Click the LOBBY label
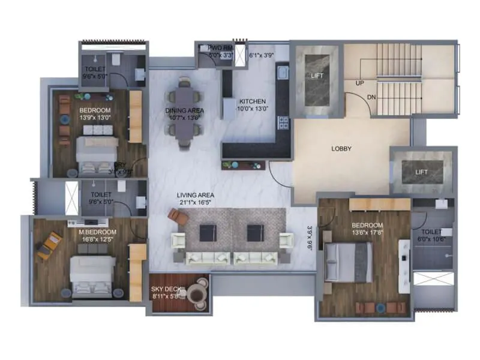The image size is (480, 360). tap(341, 149)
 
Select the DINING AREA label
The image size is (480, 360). tap(184, 110)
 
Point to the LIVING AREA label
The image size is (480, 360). tap(196, 195)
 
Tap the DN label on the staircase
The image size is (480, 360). tap(372, 97)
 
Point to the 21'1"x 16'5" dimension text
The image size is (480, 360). tap(196, 203)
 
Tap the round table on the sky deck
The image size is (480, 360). tap(196, 294)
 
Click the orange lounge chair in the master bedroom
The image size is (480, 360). tap(49, 245)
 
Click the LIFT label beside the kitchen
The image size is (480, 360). tap(317, 76)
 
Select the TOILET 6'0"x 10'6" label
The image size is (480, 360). tap(431, 235)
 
